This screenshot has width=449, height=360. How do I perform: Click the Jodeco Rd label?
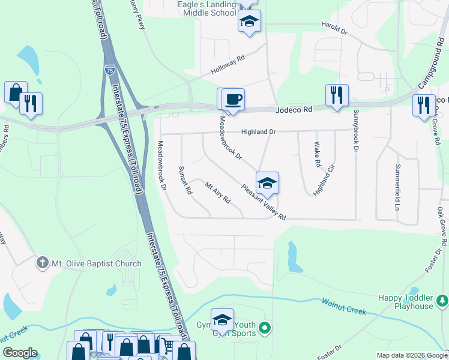point(294,110)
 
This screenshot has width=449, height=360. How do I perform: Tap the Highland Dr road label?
point(258,131)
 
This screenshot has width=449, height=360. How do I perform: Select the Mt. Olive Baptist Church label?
point(97,263)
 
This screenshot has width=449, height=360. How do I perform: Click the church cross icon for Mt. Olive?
point(43,262)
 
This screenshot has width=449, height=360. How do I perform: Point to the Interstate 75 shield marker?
point(109,70)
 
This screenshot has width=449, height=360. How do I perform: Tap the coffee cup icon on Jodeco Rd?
point(234,99)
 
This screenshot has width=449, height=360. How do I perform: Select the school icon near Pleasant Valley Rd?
point(268,182)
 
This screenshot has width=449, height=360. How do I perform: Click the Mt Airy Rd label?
point(218,193)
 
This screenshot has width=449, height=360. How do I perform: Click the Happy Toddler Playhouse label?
point(405,302)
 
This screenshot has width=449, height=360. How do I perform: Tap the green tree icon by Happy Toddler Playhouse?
point(442,299)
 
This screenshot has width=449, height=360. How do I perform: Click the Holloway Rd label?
point(228,65)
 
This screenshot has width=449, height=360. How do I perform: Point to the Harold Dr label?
point(334,28)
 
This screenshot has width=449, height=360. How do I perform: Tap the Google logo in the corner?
point(20,353)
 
